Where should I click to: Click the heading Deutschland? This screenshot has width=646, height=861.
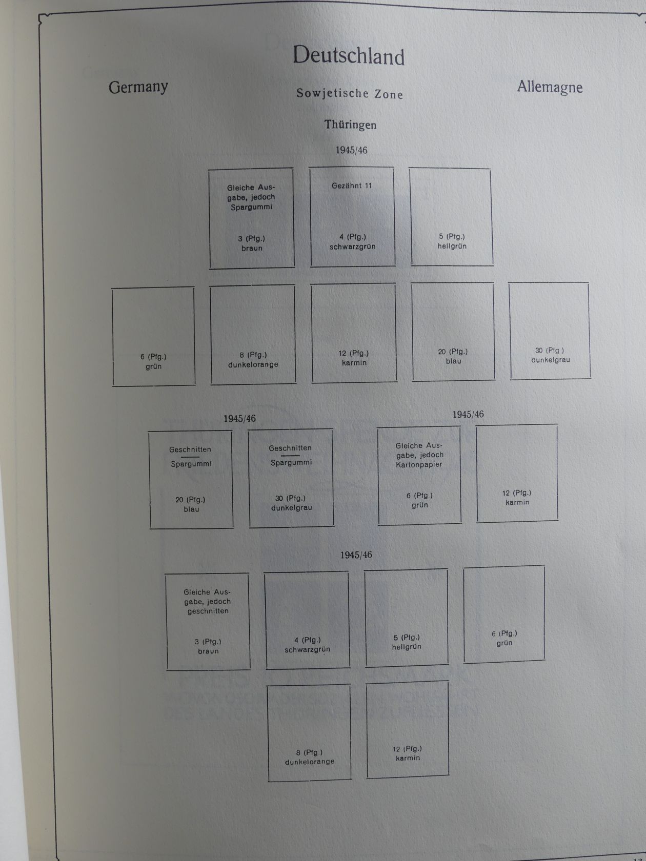point(348,56)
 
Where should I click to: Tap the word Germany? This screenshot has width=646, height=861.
point(138,87)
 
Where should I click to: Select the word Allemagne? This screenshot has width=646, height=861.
point(550,87)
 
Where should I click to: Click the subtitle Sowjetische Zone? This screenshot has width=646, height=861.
point(350,94)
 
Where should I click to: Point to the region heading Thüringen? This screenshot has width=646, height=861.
point(350,125)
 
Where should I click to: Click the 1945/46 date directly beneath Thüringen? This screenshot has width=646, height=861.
point(351,151)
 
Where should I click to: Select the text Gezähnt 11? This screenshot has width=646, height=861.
point(351,186)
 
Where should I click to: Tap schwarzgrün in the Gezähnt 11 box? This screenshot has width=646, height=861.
point(352,247)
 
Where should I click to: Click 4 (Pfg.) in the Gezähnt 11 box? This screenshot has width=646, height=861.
point(353,237)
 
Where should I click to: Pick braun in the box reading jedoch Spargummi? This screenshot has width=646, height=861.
point(252,249)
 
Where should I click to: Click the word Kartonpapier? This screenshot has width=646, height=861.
point(419,465)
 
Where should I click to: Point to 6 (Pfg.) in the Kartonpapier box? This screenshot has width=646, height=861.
point(420,496)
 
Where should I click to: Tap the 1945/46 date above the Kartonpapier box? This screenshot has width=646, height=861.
point(468,415)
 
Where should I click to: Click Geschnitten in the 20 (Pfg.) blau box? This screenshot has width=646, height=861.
point(190,449)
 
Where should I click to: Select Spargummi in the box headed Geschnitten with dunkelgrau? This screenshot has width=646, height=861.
point(291,462)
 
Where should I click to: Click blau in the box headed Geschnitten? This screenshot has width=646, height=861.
point(191,509)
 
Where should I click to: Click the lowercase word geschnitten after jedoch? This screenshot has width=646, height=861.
point(208,611)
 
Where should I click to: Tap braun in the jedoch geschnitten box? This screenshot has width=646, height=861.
point(208,651)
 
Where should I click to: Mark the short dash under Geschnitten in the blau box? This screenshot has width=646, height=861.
point(190,457)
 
